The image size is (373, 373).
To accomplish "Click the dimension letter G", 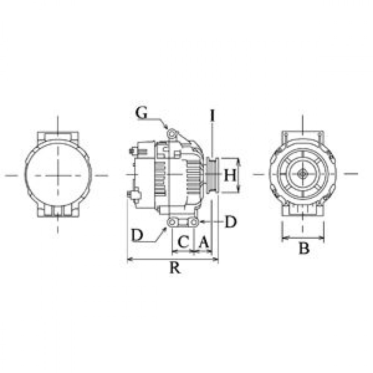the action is pos(141,113).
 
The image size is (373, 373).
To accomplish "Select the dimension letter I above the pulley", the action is pos(213,116).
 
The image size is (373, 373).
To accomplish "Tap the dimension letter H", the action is pos(230,175).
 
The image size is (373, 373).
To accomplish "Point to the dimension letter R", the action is pos(175,267).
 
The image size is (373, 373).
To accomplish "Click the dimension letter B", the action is pos(304,248).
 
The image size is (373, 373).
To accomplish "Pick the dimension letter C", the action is pos(184,242).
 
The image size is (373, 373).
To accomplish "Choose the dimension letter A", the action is pos(204,242).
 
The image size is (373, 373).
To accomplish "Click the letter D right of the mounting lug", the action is pos(231,222).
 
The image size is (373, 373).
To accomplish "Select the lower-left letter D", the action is pos(137,235).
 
